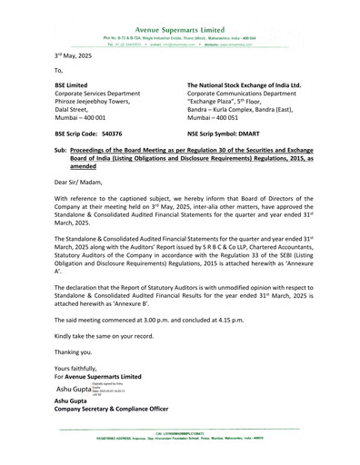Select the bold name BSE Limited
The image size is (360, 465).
tap(72, 83)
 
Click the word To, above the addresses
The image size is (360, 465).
tap(59, 69)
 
